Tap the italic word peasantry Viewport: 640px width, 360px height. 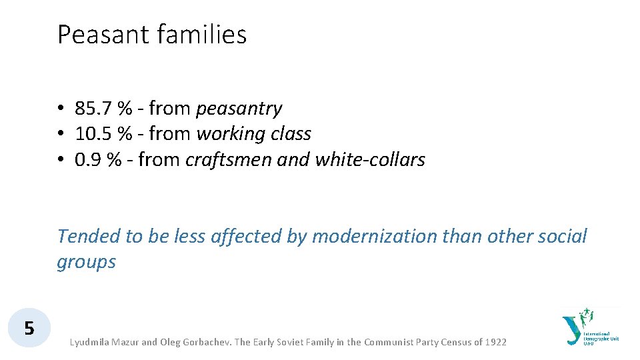tap(239, 109)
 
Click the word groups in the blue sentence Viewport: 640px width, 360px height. tap(86, 262)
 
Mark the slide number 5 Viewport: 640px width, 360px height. tap(29, 328)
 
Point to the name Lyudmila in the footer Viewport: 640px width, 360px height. tap(92, 342)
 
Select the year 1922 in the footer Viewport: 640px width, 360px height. tap(495, 342)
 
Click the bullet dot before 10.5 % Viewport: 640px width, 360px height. tap(60, 134)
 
